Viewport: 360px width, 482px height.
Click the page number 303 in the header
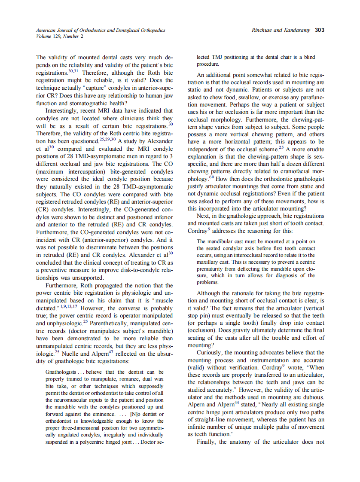coord(320,30)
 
